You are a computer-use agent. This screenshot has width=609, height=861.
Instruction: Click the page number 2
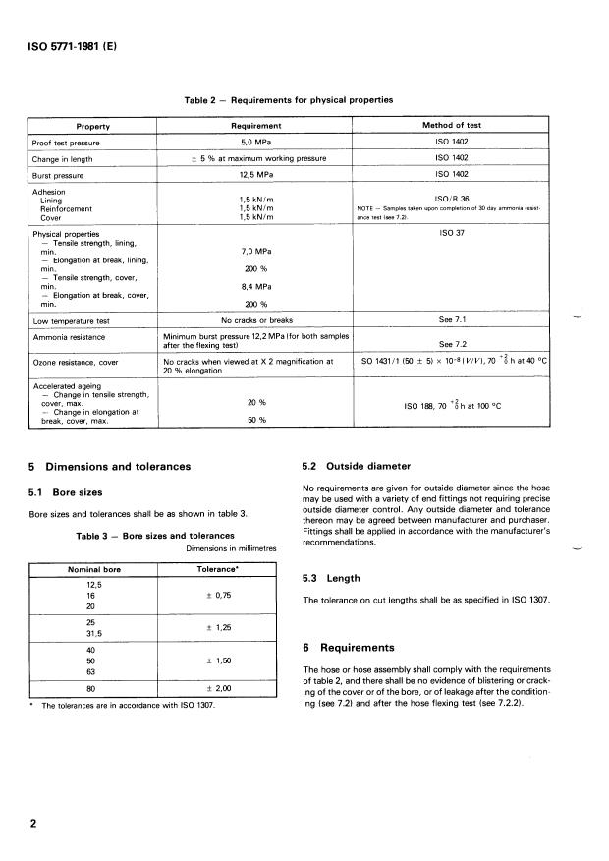pyautogui.click(x=33, y=824)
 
